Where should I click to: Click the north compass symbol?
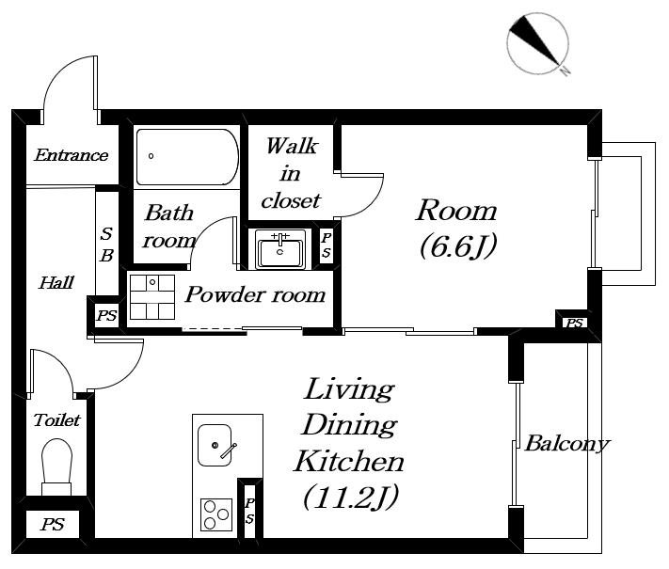(x=538, y=44)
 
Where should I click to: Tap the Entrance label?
(x=72, y=155)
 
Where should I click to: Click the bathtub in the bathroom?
(x=187, y=157)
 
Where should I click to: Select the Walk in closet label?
(x=291, y=173)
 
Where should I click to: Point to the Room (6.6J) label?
(x=457, y=229)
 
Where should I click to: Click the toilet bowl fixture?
(x=56, y=467)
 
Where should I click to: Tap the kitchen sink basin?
(x=215, y=445)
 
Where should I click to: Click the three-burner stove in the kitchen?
(x=216, y=514)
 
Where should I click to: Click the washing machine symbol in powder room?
(x=152, y=297)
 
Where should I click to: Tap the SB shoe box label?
(x=106, y=245)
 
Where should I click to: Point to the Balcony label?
(x=567, y=444)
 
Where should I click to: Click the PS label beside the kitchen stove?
(x=249, y=511)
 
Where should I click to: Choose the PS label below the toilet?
(x=53, y=524)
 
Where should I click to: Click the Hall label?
(x=56, y=282)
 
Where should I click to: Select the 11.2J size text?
(x=351, y=497)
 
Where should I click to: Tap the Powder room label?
(x=255, y=294)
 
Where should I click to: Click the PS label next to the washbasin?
(x=327, y=245)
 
